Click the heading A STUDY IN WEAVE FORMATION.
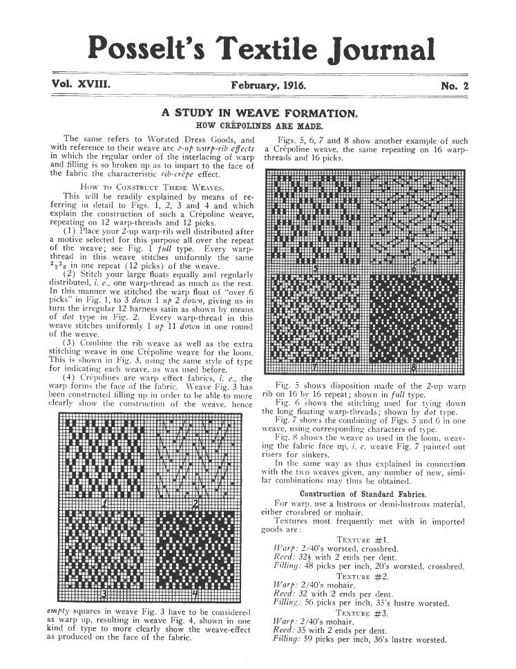point(258,112)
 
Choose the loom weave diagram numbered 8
point(412,323)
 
